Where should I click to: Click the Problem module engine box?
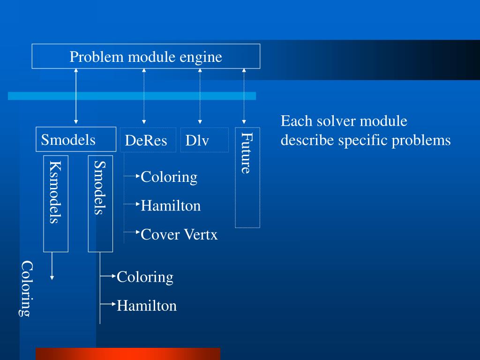click(x=146, y=56)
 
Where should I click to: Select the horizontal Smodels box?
click(x=76, y=139)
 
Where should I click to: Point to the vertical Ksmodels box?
click(x=56, y=203)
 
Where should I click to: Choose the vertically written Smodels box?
click(x=100, y=203)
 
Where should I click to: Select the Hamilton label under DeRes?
click(x=171, y=206)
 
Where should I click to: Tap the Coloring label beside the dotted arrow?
click(x=169, y=177)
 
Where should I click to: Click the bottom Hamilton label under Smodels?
click(x=147, y=306)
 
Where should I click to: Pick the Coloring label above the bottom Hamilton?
click(x=145, y=277)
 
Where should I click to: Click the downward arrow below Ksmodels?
click(x=52, y=266)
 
